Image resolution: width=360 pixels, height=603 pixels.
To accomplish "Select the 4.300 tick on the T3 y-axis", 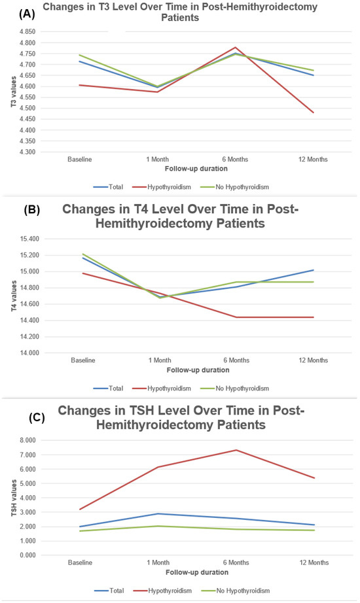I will tap(36, 152).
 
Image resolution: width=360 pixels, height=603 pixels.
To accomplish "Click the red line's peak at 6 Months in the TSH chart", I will tap(236, 450).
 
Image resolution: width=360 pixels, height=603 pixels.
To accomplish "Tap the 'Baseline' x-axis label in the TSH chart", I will tap(82, 562).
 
